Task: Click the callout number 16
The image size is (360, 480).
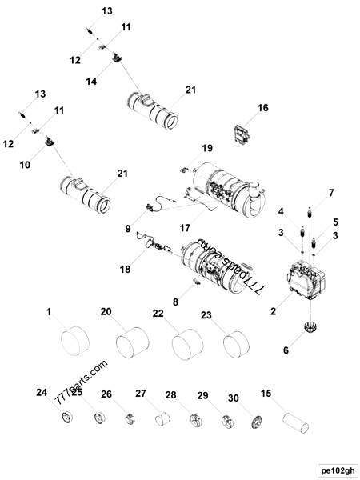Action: click(263, 107)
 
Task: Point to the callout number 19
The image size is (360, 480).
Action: click(206, 149)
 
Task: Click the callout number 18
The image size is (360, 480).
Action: click(126, 270)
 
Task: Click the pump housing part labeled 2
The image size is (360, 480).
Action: click(303, 281)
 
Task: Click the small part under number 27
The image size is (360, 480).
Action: click(164, 418)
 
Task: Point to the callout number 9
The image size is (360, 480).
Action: click(127, 228)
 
